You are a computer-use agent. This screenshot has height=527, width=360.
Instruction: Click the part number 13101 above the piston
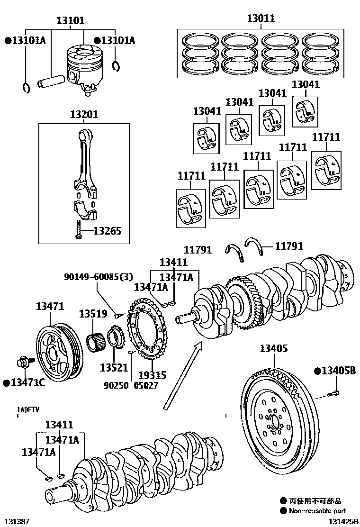(x=71, y=20)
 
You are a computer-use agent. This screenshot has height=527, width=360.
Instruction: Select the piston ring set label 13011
(x=261, y=18)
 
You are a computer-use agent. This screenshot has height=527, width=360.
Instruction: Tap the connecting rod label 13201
(x=84, y=114)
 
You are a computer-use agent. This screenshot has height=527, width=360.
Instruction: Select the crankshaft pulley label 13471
(x=50, y=307)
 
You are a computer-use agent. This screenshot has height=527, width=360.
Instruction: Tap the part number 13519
(x=93, y=314)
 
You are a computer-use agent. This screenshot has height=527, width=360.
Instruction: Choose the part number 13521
(x=114, y=367)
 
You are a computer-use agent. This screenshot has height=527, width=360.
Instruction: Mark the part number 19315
(x=152, y=375)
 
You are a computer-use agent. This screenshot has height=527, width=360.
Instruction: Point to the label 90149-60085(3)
(x=99, y=277)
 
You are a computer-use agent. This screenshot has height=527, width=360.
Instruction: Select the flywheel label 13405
(x=273, y=348)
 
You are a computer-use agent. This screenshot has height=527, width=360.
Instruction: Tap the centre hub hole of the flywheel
(x=274, y=420)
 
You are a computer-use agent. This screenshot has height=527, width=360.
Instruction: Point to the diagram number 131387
(x=17, y=521)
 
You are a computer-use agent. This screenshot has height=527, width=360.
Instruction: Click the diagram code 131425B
(x=343, y=521)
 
